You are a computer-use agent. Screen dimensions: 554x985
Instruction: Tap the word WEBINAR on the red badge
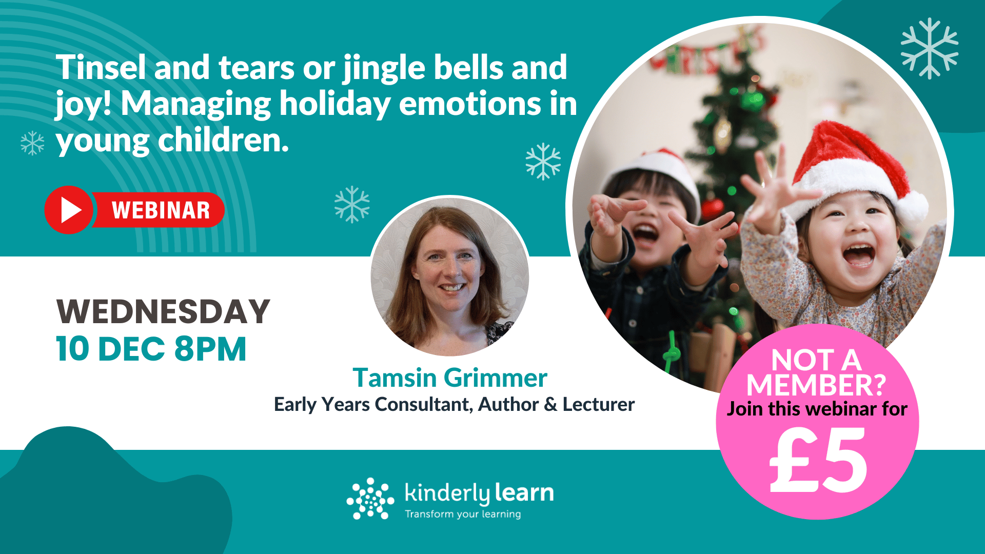pos(161,210)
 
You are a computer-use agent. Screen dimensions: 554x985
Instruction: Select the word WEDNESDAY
pos(163,312)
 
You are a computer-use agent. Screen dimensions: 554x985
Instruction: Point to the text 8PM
pos(210,349)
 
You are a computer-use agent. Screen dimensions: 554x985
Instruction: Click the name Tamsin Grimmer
pos(450,378)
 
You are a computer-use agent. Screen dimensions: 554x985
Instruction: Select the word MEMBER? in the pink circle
pos(816,385)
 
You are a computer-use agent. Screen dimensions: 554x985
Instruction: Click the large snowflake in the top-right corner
pos(929,48)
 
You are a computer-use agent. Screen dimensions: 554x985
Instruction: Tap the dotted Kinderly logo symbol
pos(370,499)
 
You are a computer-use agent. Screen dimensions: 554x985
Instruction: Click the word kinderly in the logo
pos(447,493)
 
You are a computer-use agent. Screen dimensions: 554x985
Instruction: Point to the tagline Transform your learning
pos(463,514)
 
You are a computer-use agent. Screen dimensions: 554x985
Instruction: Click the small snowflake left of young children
pos(32,143)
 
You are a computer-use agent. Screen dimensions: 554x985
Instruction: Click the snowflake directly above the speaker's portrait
pos(352,204)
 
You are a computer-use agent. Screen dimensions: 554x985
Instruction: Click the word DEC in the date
pos(131,349)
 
